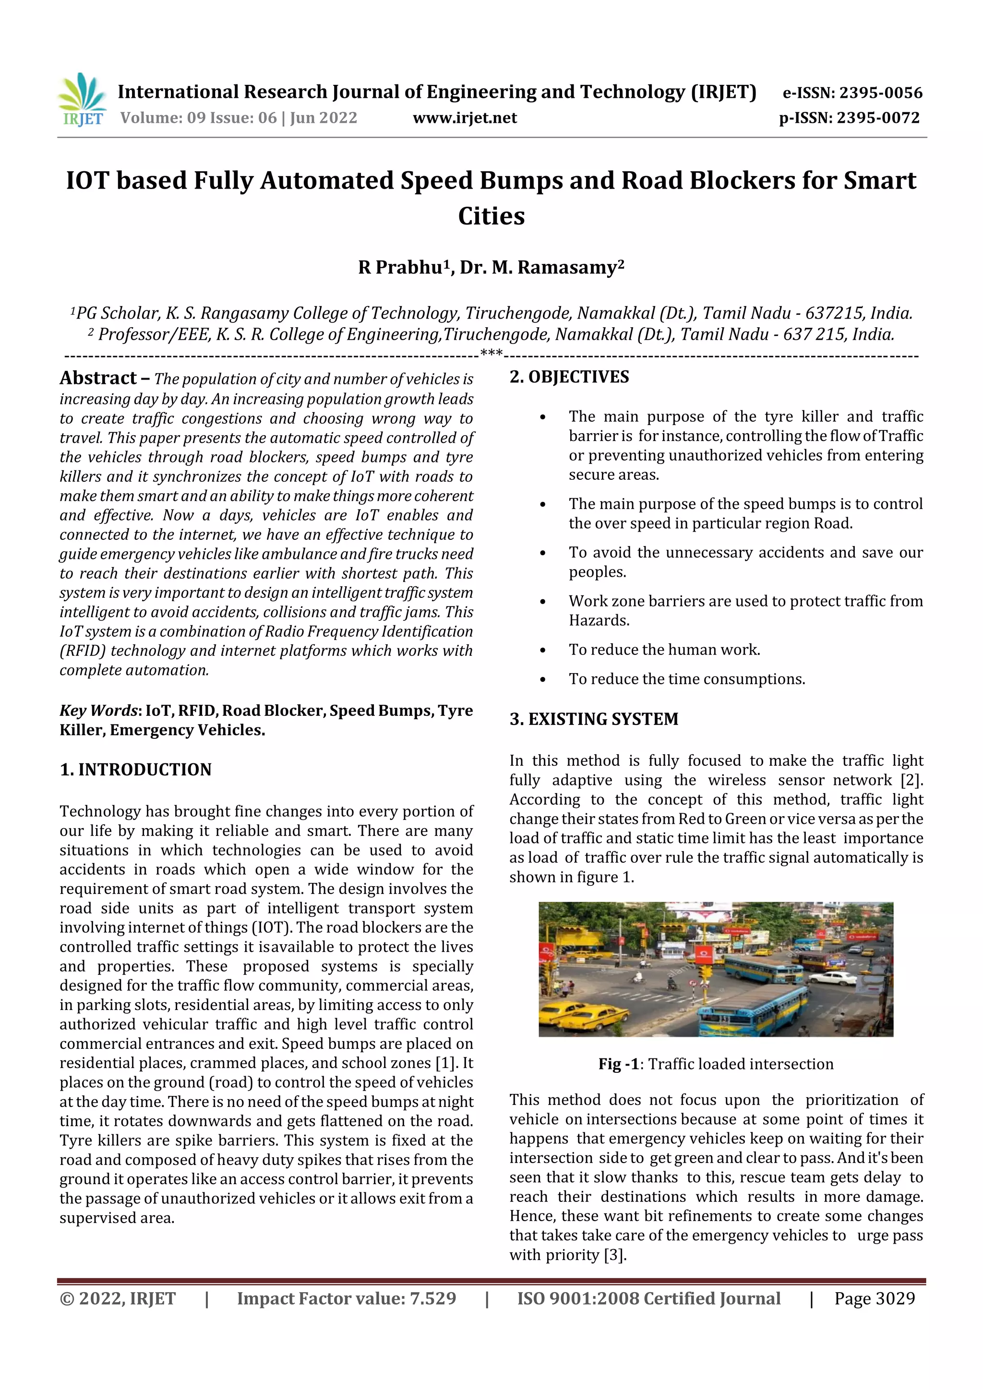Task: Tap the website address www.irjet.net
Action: (x=465, y=118)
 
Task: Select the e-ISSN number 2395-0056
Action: (x=880, y=93)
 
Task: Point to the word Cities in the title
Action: (x=491, y=216)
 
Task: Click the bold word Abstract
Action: (x=98, y=379)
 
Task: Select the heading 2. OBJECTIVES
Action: (x=569, y=377)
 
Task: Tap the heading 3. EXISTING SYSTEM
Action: (x=594, y=719)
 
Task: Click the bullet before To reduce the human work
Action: (x=543, y=651)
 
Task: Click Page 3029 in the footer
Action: (x=874, y=1298)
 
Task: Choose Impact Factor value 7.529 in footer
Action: (x=346, y=1298)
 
